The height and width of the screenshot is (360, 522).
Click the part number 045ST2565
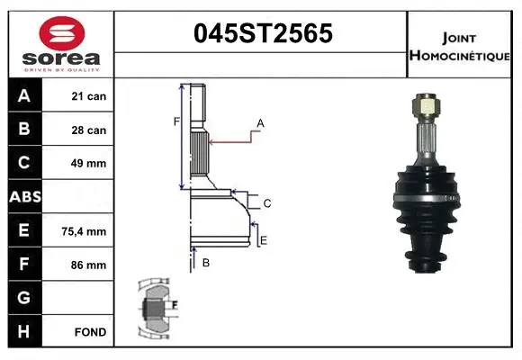(x=262, y=33)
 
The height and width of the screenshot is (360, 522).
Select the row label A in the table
(x=23, y=96)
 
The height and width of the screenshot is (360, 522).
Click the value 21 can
(x=89, y=96)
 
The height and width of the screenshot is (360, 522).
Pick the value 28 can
(x=89, y=130)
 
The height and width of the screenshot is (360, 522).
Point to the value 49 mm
(x=89, y=164)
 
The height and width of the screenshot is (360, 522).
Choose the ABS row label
(x=23, y=197)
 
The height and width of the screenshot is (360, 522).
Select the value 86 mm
(x=89, y=265)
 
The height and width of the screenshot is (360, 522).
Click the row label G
(x=23, y=298)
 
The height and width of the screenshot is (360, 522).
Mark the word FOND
(x=90, y=332)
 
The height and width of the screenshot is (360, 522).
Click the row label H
(x=23, y=332)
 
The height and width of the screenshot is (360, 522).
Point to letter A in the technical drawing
(x=260, y=122)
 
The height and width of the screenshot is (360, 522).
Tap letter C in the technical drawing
(x=267, y=203)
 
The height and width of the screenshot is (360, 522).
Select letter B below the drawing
(x=206, y=263)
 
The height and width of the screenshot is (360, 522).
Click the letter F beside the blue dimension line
(x=176, y=121)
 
